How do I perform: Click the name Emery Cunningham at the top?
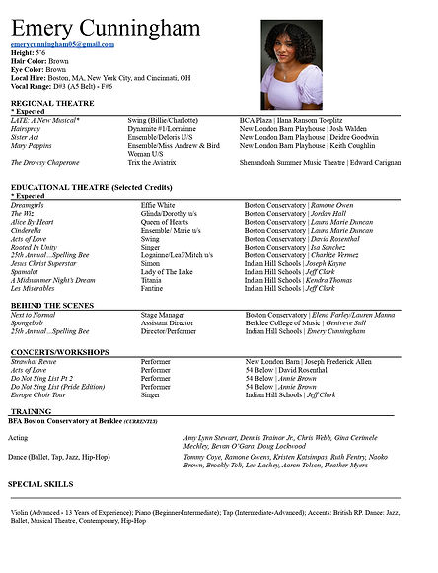pos(105,27)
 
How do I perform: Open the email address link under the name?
pos(62,44)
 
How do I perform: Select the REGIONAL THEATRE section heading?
pos(54,102)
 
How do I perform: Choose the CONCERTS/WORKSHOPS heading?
pos(62,350)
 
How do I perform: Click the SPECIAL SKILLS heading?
pos(41,484)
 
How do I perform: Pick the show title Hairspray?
pos(27,127)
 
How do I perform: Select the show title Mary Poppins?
pos(32,144)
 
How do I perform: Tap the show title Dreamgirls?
pos(30,204)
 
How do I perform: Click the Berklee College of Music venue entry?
pos(285,322)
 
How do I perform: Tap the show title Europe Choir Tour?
pos(40,394)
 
